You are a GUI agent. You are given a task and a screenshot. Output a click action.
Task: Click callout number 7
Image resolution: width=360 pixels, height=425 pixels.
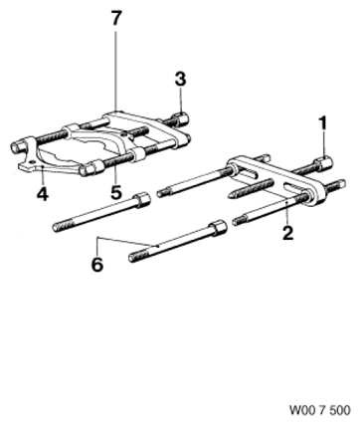pyautogui.click(x=116, y=18)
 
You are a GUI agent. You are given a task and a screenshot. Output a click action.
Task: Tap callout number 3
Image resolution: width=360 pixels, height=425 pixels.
pyautogui.click(x=180, y=80)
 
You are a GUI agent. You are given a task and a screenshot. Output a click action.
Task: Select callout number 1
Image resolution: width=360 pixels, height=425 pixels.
pyautogui.click(x=322, y=123)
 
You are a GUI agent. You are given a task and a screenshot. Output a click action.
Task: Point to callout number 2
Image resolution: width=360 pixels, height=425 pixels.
pyautogui.click(x=287, y=232)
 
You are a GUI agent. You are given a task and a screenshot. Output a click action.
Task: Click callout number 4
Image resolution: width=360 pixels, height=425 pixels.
pyautogui.click(x=43, y=193)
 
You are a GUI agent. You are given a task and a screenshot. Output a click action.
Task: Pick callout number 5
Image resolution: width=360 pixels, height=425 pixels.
pyautogui.click(x=116, y=192)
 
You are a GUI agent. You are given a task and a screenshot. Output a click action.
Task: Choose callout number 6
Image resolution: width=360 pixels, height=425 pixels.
pyautogui.click(x=97, y=265)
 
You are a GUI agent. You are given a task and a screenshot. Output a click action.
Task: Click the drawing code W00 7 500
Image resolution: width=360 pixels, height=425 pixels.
pyautogui.click(x=320, y=410)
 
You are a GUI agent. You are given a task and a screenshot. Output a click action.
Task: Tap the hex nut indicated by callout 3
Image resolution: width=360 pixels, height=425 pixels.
pyautogui.click(x=180, y=118)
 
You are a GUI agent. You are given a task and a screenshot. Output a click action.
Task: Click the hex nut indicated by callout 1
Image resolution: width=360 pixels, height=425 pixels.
pyautogui.click(x=323, y=162)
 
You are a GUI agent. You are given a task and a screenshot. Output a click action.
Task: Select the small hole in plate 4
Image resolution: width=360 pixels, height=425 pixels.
pyautogui.click(x=32, y=161)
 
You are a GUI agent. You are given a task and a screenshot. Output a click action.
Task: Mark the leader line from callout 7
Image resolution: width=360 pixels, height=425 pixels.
pyautogui.click(x=116, y=69)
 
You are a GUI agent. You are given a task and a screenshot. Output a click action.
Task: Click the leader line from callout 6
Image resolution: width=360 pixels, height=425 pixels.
pyautogui.click(x=127, y=241)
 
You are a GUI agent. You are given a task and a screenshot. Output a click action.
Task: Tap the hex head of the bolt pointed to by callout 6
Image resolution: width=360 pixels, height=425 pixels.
pyautogui.click(x=218, y=228)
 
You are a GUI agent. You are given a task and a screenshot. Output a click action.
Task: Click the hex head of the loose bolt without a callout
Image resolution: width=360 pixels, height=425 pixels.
pyautogui.click(x=142, y=200)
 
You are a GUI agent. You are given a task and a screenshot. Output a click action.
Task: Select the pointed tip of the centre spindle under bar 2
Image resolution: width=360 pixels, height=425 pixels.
pyautogui.click(x=228, y=196)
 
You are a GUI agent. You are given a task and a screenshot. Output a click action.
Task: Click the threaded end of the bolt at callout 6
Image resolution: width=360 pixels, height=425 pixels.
pyautogui.click(x=135, y=258)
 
